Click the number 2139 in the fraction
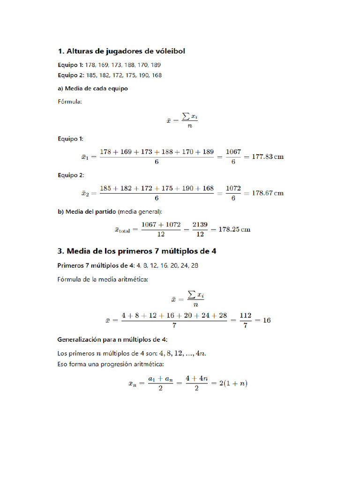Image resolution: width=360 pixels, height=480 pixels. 200,225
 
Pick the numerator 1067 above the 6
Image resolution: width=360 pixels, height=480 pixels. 233,152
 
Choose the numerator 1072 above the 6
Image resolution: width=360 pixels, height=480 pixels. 233,188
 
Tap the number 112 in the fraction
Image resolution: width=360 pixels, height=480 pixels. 246,316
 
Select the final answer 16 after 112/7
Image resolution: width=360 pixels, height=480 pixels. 266,321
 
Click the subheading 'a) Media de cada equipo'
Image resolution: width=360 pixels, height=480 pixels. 93,88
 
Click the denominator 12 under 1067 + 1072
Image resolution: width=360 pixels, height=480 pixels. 161,234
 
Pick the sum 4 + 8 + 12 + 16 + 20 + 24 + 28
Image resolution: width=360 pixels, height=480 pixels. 174,316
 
